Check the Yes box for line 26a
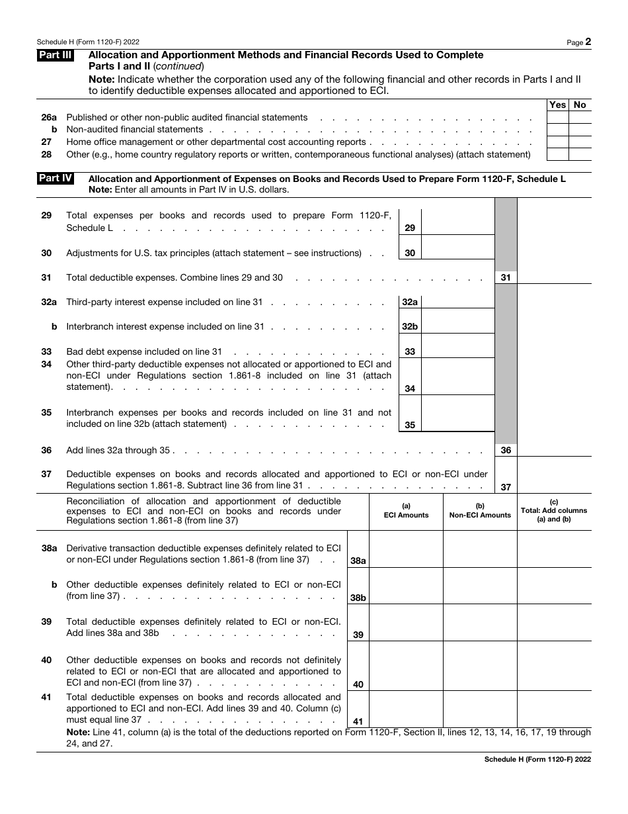[x=557, y=117]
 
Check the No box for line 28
[x=580, y=154]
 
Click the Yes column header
[x=557, y=105]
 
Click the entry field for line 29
[x=457, y=222]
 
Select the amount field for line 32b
[x=457, y=320]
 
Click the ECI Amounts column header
[x=406, y=512]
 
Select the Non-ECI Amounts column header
[x=480, y=512]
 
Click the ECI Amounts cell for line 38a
[x=406, y=549]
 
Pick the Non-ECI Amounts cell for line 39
[x=480, y=622]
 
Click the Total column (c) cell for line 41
[x=554, y=709]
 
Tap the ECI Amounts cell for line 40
[x=406, y=666]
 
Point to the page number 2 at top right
[x=588, y=42]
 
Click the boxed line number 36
[x=506, y=450]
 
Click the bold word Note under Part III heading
[x=100, y=79]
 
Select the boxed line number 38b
[x=358, y=598]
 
